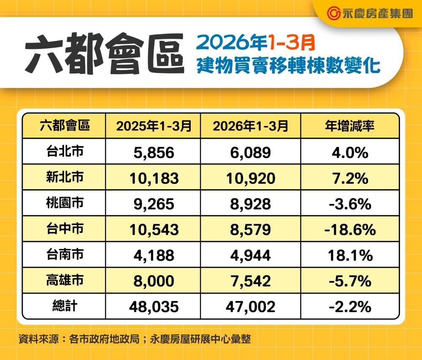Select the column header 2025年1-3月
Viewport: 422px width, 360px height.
click(153, 126)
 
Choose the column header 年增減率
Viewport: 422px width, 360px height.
click(350, 126)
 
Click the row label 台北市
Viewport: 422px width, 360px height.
click(65, 152)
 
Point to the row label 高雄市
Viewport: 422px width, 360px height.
click(65, 280)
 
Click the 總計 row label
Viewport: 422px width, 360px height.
click(65, 306)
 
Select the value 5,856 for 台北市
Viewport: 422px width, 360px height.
click(153, 152)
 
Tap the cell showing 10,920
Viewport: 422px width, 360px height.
click(250, 178)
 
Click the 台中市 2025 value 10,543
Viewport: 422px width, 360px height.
click(153, 230)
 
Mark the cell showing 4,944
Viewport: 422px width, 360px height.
click(250, 255)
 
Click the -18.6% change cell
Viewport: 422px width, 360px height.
click(350, 230)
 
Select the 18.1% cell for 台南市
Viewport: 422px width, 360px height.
click(350, 255)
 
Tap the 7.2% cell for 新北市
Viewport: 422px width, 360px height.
click(350, 178)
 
